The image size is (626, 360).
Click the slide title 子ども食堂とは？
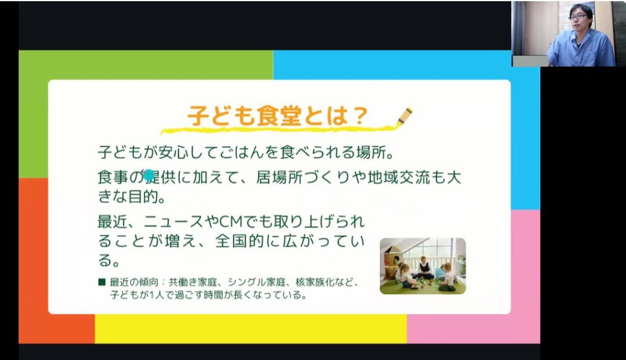coord(277,116)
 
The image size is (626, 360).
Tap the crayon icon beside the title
coord(405,116)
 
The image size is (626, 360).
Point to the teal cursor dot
coord(148,175)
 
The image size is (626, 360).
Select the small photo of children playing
coord(422,266)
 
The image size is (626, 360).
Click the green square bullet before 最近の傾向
coord(102,282)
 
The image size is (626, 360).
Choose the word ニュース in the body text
coord(174,221)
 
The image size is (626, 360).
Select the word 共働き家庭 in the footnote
coord(193,282)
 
